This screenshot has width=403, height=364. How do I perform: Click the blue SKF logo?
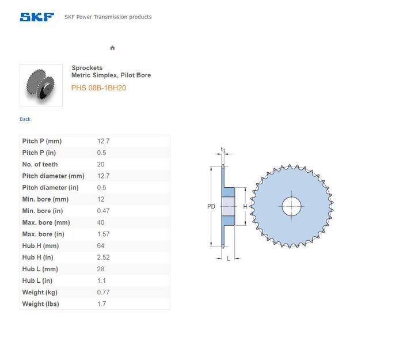pyautogui.click(x=37, y=17)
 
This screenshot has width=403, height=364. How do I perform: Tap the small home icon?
pyautogui.click(x=112, y=48)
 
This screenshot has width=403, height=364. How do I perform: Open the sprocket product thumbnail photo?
pyautogui.click(x=41, y=85)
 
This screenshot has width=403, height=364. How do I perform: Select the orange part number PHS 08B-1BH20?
pyautogui.click(x=98, y=88)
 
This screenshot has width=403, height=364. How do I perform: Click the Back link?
pyautogui.click(x=25, y=119)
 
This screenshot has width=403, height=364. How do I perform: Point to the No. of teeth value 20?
pyautogui.click(x=101, y=164)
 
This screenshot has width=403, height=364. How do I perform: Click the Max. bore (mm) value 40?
pyautogui.click(x=101, y=222)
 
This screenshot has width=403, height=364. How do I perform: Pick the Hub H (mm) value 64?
pyautogui.click(x=101, y=246)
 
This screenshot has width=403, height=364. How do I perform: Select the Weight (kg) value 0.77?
pyautogui.click(x=103, y=292)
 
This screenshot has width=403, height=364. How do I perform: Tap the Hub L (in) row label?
pyautogui.click(x=37, y=280)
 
